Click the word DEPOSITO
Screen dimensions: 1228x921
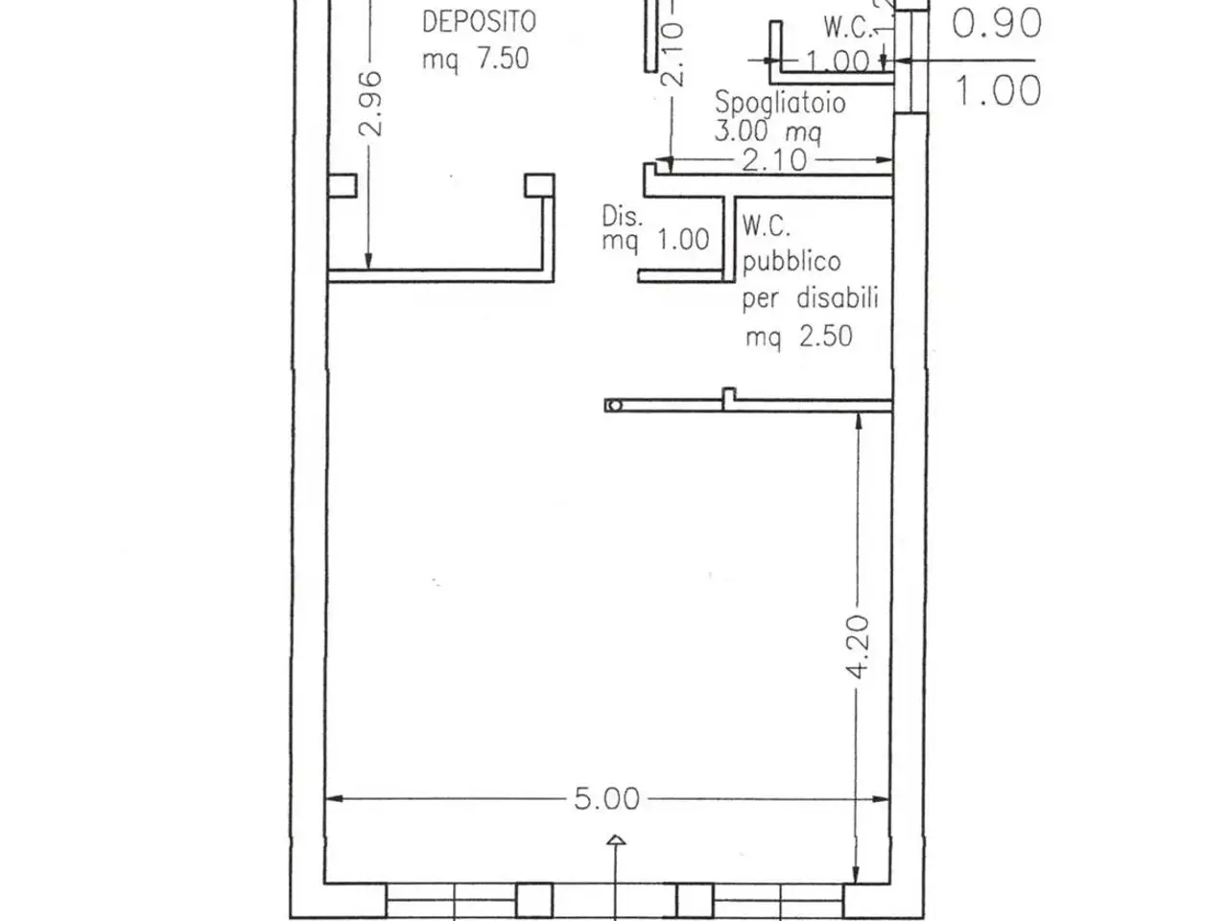click(x=479, y=22)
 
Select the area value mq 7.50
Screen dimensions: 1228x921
click(x=475, y=59)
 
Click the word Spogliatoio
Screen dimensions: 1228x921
click(x=780, y=104)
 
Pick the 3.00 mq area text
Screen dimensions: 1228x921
click(x=767, y=133)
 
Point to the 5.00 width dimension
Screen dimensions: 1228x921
click(x=607, y=799)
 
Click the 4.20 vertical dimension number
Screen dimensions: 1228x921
click(x=858, y=647)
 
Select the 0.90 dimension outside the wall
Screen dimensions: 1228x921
click(x=997, y=23)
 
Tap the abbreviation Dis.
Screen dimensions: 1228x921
click(x=622, y=217)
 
